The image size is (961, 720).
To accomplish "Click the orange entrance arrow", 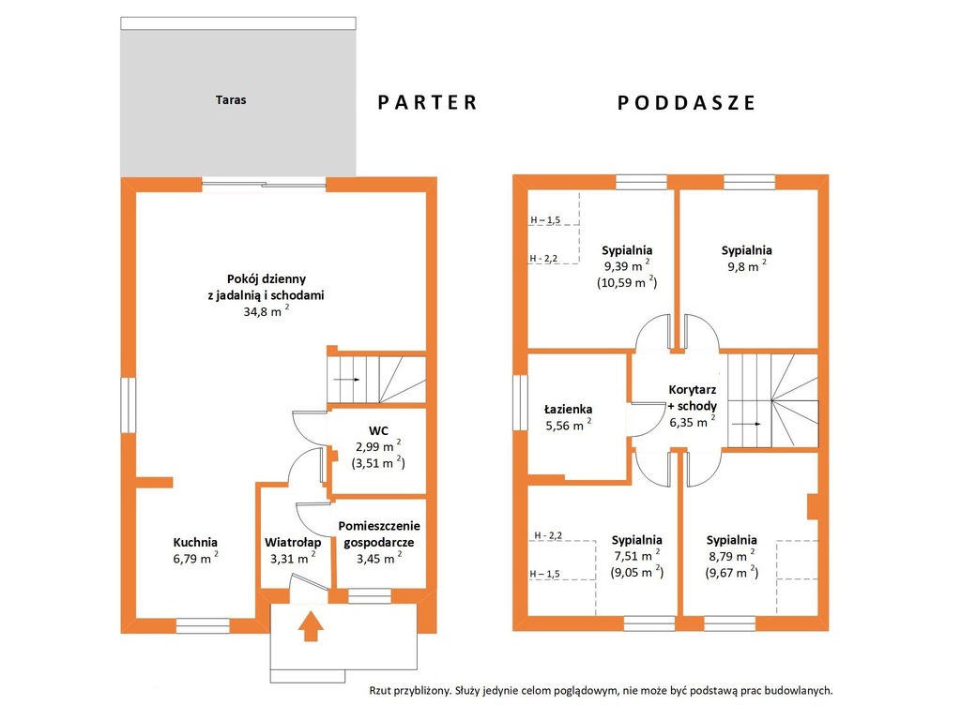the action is [313, 625].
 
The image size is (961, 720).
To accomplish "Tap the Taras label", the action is [231, 99].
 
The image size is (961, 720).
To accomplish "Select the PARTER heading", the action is [427, 102].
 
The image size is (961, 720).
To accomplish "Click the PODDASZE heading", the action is [686, 102].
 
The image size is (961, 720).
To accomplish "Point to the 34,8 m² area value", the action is [267, 311].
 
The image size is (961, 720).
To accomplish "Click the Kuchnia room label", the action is [195, 542].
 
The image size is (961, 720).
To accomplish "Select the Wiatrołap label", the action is [293, 543].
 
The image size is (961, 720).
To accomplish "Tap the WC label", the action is [378, 430].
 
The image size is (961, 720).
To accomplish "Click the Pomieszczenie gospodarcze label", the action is [379, 533].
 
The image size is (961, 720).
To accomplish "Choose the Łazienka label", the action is [568, 409].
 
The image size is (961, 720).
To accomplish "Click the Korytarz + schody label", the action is [693, 397].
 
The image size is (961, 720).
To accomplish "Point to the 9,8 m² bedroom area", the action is [746, 266].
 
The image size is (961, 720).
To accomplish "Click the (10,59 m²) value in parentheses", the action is [627, 282].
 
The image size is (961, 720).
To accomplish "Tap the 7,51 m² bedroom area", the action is [637, 556].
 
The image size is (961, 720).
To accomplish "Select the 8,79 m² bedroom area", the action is [732, 556].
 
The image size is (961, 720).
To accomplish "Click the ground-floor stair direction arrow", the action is [347, 380].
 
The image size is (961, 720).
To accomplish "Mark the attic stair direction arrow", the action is [747, 424].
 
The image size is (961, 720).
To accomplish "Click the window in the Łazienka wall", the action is [520, 402].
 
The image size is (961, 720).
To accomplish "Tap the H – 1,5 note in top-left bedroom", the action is [545, 219].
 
